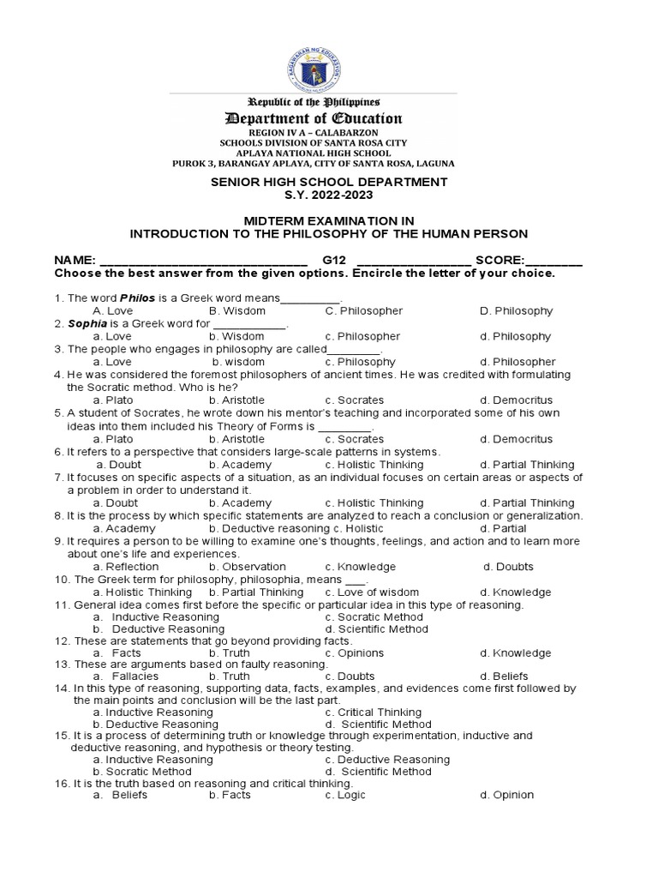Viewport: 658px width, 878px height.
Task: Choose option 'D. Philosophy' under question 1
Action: point(517,310)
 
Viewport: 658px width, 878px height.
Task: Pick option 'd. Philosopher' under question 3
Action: point(517,362)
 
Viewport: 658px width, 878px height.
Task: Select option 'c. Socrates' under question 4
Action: point(355,400)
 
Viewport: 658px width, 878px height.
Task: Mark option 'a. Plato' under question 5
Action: point(113,439)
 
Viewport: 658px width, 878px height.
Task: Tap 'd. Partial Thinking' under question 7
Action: point(527,502)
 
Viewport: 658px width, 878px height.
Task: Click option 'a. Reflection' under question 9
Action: point(126,567)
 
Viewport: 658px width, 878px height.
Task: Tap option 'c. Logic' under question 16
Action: point(345,795)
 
